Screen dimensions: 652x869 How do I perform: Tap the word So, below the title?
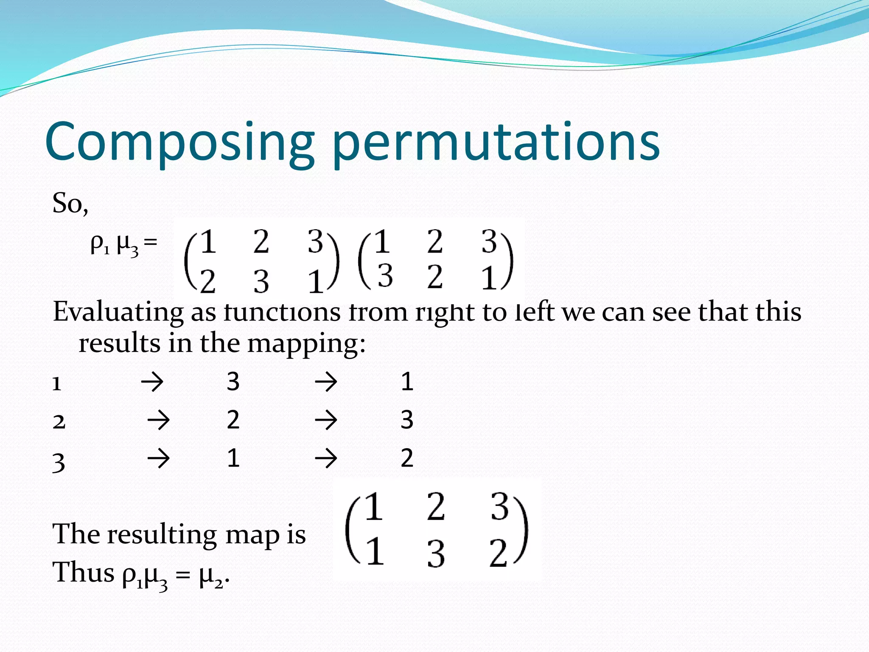[x=70, y=203]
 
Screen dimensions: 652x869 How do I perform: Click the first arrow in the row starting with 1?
[x=152, y=382]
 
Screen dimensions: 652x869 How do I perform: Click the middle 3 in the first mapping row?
[x=233, y=382]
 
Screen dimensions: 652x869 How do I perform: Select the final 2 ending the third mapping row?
[x=406, y=458]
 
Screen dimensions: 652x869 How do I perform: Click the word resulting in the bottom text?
[x=162, y=534]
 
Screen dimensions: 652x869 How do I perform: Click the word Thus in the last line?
[x=83, y=573]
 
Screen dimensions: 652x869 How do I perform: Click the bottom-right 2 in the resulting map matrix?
[x=498, y=553]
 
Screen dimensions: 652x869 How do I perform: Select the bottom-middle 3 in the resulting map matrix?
[x=436, y=554]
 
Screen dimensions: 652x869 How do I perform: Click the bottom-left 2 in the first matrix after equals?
[x=208, y=282]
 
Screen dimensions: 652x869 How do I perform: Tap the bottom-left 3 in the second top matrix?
[x=385, y=275]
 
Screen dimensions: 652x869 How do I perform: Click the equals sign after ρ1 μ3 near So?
[x=150, y=243]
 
